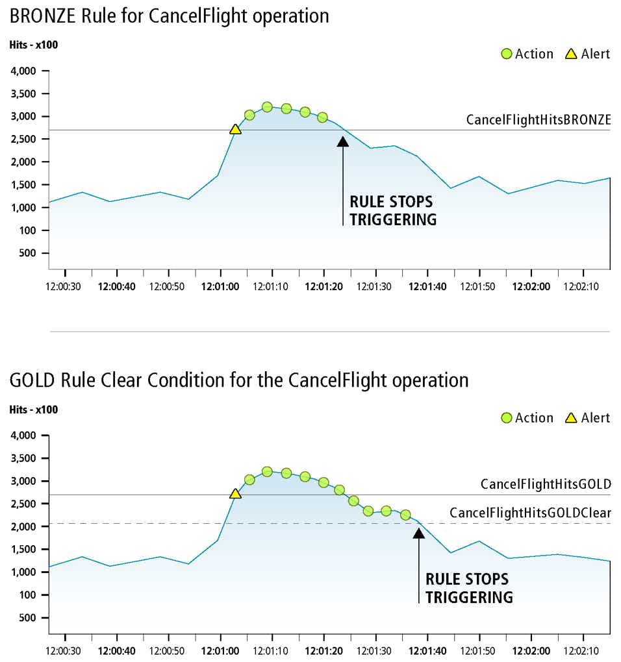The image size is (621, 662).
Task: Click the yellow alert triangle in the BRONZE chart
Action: [235, 130]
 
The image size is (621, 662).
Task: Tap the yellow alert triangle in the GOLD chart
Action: [235, 495]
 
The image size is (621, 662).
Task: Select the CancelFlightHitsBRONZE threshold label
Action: [539, 120]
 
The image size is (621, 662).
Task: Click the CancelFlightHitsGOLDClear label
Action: [530, 513]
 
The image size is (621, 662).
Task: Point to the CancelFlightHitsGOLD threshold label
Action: [546, 484]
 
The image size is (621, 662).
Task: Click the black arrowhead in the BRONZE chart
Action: [343, 141]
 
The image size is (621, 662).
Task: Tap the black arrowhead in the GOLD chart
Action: [419, 533]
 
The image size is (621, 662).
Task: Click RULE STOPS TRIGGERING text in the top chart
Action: [392, 210]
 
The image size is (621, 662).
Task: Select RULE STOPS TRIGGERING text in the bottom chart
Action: [468, 587]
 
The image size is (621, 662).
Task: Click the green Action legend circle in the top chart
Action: [507, 54]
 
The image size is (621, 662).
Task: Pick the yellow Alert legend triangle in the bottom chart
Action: [571, 418]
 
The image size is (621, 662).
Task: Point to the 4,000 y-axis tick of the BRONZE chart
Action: [25, 71]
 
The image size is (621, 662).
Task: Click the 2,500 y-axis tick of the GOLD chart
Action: [25, 504]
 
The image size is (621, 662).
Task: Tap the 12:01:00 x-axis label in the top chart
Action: [220, 286]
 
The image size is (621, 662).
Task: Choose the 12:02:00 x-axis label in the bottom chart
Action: [531, 650]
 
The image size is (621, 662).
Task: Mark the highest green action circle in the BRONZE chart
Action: [267, 106]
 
